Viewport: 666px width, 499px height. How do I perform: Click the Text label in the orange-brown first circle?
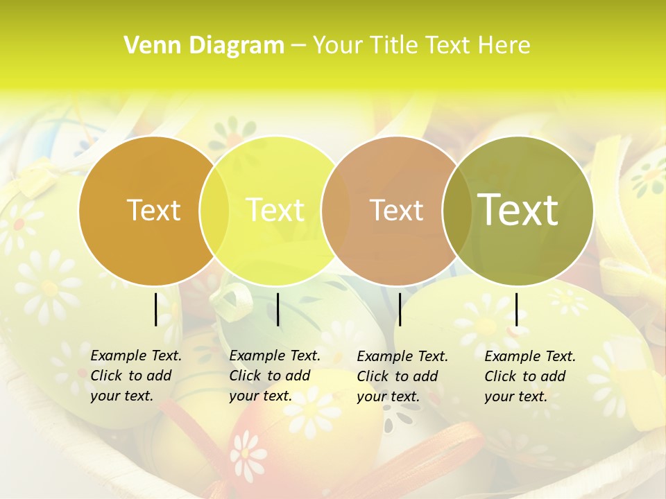tap(153, 210)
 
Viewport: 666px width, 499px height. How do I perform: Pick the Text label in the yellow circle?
tap(275, 210)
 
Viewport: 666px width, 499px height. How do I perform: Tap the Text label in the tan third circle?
tap(396, 210)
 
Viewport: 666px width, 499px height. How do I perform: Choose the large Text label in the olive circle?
tap(518, 209)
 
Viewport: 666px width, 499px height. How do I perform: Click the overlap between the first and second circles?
tap(214, 210)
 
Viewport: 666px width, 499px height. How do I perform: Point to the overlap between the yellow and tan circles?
tap(336, 210)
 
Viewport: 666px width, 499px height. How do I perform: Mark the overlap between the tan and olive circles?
tap(456, 210)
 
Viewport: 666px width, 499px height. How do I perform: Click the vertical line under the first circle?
tap(156, 309)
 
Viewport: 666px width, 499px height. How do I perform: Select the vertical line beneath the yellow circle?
tap(277, 309)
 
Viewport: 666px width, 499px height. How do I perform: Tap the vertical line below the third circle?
tap(400, 309)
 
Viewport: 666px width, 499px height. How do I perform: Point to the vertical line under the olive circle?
tap(516, 309)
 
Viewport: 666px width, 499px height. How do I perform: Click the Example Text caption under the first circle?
tap(135, 376)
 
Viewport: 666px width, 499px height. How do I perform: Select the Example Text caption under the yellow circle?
tap(274, 376)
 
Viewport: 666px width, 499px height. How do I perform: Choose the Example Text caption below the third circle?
tap(402, 376)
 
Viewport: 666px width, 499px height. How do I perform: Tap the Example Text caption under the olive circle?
tap(529, 376)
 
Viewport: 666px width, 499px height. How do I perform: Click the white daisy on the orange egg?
tap(247, 454)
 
